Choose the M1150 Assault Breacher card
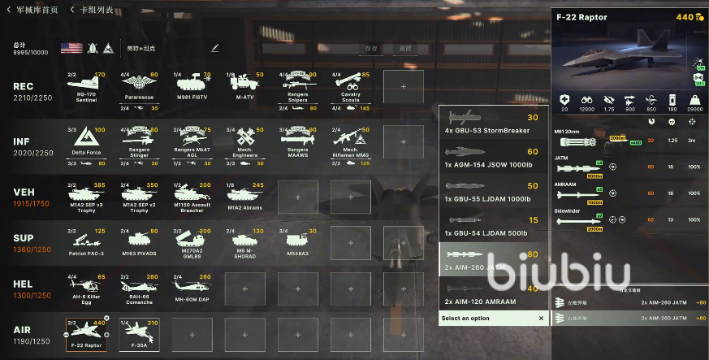click(x=192, y=197)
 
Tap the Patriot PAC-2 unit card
click(x=86, y=249)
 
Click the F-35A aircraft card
click(x=140, y=334)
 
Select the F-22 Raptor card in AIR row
click(x=86, y=334)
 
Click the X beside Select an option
click(x=541, y=319)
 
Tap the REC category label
click(x=23, y=86)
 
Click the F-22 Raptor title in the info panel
click(x=581, y=17)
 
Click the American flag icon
click(x=71, y=48)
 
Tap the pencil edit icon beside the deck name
click(x=215, y=48)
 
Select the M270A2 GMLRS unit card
click(x=192, y=249)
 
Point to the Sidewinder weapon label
click(x=568, y=210)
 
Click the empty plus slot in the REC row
click(x=403, y=86)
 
